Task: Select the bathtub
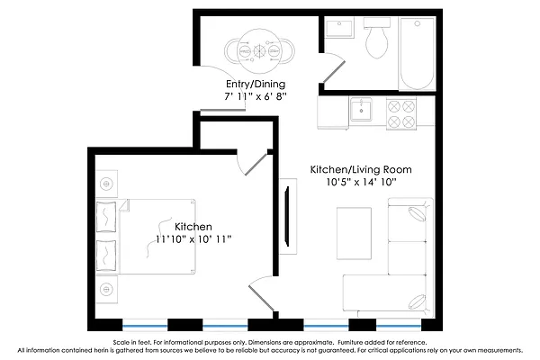[x=417, y=53]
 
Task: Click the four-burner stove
[x=400, y=112]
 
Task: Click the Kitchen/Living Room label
[x=361, y=169]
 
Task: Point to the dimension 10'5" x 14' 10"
[x=361, y=182]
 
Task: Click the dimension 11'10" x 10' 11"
[x=193, y=239]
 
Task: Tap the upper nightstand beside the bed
[x=106, y=184]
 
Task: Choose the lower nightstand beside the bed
[x=106, y=289]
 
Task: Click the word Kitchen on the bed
[x=193, y=226]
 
